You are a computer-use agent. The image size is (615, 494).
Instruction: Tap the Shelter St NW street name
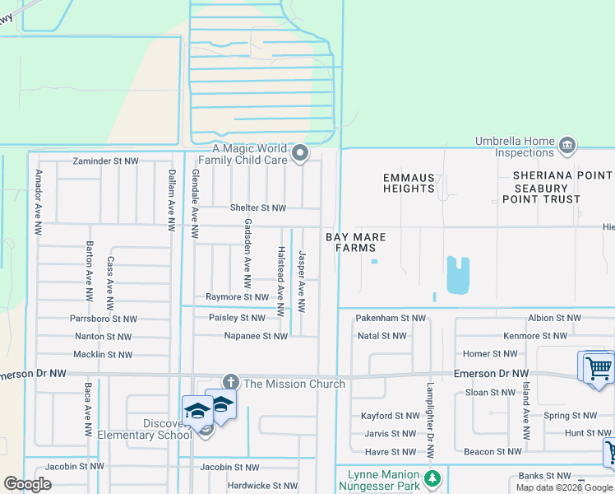pyautogui.click(x=257, y=208)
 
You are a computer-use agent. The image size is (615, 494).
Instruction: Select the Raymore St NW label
pyautogui.click(x=237, y=296)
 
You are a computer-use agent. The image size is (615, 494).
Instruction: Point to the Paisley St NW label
pyautogui.click(x=237, y=317)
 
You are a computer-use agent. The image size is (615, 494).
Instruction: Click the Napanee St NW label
pyautogui.click(x=256, y=336)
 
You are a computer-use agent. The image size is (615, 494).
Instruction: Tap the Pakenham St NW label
pyautogui.click(x=391, y=317)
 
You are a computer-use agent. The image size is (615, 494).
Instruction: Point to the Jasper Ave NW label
pyautogui.click(x=302, y=282)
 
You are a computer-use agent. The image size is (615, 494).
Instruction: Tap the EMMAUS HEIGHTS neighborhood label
pyautogui.click(x=409, y=183)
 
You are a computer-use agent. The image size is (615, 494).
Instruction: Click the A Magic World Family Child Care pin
pyautogui.click(x=301, y=152)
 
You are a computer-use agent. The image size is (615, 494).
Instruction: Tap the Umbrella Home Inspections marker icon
pyautogui.click(x=566, y=147)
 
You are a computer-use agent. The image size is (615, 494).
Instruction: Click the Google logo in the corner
pyautogui.click(x=27, y=484)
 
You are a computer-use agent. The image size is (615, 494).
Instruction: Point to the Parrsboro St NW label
pyautogui.click(x=104, y=319)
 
